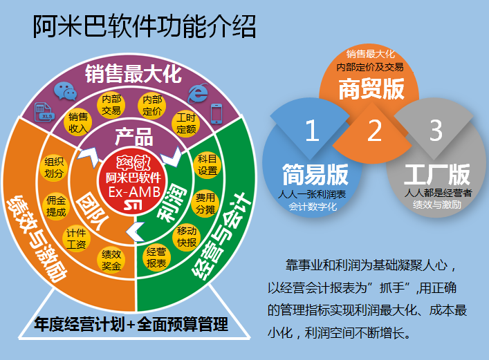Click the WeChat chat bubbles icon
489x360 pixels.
[66, 91]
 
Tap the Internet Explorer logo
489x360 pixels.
[199, 93]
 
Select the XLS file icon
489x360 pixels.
[44, 112]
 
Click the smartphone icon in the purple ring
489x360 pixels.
[216, 113]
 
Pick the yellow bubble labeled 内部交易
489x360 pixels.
[111, 105]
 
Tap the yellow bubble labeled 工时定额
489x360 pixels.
[186, 124]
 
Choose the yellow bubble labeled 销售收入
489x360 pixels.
[78, 122]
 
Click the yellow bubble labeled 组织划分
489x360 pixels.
[54, 167]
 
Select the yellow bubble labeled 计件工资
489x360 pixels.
[76, 238]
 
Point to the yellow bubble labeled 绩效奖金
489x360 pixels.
[111, 260]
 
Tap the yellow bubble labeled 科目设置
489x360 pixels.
[207, 165]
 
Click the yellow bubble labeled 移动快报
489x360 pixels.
[187, 236]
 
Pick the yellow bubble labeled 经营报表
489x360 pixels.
[156, 257]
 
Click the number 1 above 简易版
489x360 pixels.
[312, 131]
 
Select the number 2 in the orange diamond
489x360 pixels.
[374, 131]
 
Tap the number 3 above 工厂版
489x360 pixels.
[436, 131]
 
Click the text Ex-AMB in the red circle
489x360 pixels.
[134, 192]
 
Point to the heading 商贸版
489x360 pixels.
[371, 89]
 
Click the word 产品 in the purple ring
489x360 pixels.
[134, 137]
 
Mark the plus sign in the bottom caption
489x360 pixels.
[131, 325]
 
